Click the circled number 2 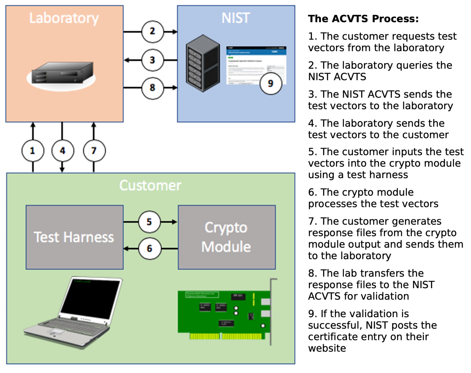152,32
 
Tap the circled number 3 152,60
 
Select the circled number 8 152,88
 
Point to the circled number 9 270,83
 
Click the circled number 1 33,151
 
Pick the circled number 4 63,151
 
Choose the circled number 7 94,151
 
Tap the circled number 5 149,222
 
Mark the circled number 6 149,248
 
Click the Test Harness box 75,237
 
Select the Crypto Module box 227,237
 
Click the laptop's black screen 90,299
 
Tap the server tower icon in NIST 203,63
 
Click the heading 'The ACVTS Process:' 363,19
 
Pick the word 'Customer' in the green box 150,185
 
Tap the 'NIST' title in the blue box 235,18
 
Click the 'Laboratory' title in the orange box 64,18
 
